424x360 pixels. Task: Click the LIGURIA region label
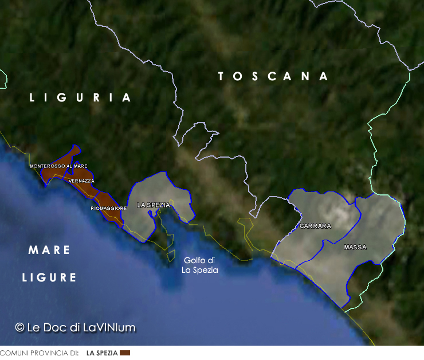point(81,97)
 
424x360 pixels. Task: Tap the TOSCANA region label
point(273,76)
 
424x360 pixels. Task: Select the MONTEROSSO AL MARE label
point(58,166)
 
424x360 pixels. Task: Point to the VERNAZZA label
point(81,181)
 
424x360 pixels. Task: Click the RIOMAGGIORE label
point(108,208)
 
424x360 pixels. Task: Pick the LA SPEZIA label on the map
point(154,205)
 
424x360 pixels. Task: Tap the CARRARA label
point(315,226)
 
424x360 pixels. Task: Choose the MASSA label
point(355,248)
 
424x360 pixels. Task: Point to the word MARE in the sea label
point(49,251)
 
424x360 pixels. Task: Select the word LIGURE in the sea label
point(49,278)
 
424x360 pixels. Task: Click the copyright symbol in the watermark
point(19,327)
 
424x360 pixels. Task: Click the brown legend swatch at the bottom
point(125,353)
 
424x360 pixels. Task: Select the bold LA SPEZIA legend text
point(102,353)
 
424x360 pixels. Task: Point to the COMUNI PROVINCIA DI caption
point(39,353)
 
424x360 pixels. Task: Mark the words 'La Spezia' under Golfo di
point(200,270)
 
